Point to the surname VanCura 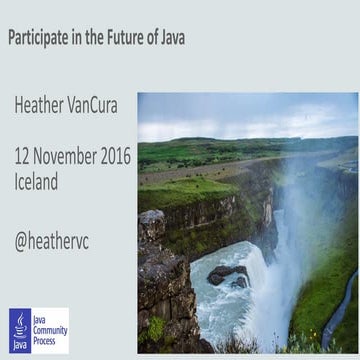[x=99, y=105]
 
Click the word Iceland [x=36, y=182]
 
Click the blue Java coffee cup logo [x=21, y=329]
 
